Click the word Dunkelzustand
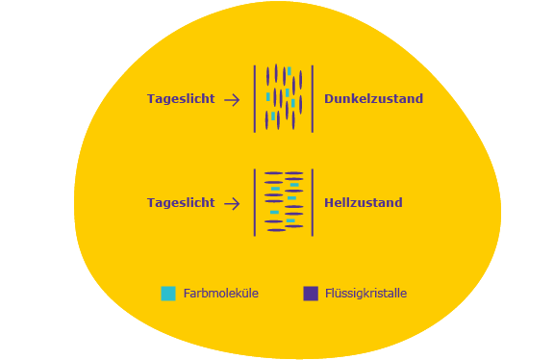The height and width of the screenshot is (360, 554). [x=373, y=99]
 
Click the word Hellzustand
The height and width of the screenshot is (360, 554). [x=364, y=203]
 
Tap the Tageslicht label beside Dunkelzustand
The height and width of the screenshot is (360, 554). [x=181, y=99]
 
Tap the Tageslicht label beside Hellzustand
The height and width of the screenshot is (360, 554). [x=181, y=203]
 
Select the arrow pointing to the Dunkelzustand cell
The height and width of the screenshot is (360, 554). [x=232, y=100]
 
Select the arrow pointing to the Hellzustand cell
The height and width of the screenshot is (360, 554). [x=232, y=204]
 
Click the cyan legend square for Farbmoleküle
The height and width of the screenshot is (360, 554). [x=168, y=294]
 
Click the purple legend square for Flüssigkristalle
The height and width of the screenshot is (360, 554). [x=311, y=294]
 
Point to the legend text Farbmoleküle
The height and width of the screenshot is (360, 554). [x=221, y=294]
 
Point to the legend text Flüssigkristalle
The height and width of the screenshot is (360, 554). [x=365, y=294]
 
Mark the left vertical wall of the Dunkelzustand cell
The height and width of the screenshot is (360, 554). [x=255, y=99]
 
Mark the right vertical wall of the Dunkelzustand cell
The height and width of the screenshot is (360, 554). [x=313, y=99]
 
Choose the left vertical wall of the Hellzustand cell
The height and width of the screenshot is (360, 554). [x=255, y=203]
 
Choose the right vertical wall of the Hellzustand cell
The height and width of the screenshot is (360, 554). [x=313, y=203]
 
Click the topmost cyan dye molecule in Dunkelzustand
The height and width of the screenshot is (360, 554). [x=289, y=71]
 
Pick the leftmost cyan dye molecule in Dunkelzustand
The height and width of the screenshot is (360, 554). [x=268, y=96]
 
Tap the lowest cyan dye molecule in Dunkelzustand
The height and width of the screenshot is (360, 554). [x=273, y=116]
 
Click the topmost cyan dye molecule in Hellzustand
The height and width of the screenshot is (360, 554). [x=294, y=185]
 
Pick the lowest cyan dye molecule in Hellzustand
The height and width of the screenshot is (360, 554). [x=290, y=220]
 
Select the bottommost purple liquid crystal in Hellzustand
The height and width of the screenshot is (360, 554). [x=277, y=230]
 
